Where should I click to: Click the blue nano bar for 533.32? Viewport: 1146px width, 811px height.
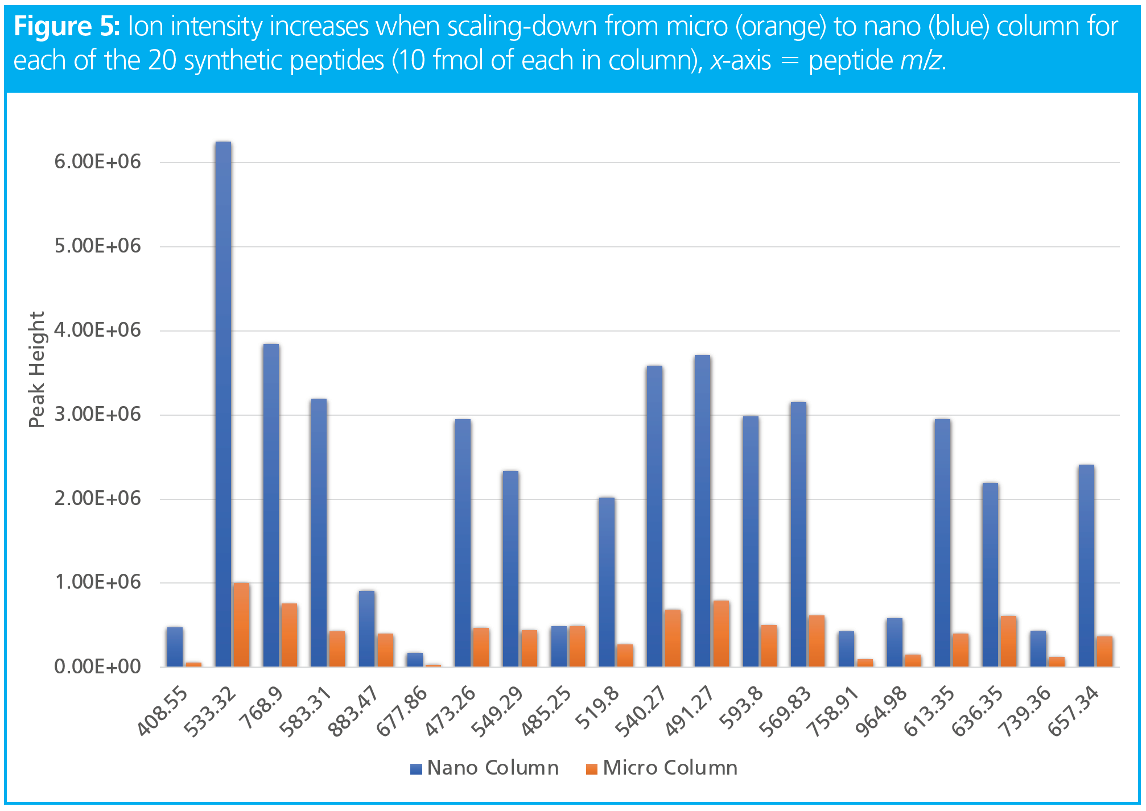[x=223, y=404]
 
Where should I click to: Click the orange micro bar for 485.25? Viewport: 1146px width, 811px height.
[x=577, y=646]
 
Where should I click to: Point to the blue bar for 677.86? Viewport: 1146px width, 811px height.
[x=415, y=660]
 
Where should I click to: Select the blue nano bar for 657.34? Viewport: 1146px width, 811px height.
[x=1086, y=565]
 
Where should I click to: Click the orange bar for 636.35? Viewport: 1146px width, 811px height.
[x=1008, y=641]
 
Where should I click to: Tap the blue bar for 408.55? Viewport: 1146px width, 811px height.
[x=175, y=647]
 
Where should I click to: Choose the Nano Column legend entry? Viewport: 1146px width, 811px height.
[x=485, y=768]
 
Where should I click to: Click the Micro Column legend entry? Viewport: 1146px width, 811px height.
[x=662, y=768]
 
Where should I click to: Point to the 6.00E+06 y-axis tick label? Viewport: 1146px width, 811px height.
[x=97, y=162]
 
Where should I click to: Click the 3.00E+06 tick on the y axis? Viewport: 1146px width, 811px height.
[x=97, y=415]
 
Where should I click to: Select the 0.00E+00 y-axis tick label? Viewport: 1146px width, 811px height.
[x=97, y=667]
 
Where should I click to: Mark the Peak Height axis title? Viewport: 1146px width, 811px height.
[x=36, y=370]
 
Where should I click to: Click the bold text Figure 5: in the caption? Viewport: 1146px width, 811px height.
[x=67, y=27]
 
